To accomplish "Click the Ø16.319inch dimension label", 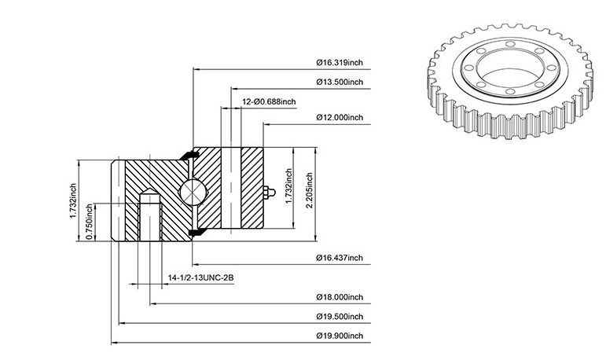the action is point(340,62).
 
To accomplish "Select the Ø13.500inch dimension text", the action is point(340,82).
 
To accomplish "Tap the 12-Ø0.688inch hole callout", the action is point(269,101).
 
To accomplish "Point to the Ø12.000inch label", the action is point(340,117).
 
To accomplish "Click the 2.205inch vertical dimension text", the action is point(310,190).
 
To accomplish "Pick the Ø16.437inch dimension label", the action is point(340,258).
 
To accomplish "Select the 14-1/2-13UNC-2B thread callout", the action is point(201,277).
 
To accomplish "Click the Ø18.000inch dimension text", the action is point(340,297).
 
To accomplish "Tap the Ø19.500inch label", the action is point(340,316).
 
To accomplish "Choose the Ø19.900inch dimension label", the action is point(340,336).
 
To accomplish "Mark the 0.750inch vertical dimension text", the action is point(90,222).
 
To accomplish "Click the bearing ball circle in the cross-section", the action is point(193,192).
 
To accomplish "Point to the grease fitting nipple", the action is point(269,192).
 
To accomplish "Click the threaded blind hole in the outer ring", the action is point(150,215).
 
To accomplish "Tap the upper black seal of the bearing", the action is point(189,155).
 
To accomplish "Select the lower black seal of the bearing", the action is point(197,232).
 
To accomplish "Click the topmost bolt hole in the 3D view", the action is point(510,44).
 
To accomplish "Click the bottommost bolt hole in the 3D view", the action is point(510,92).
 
